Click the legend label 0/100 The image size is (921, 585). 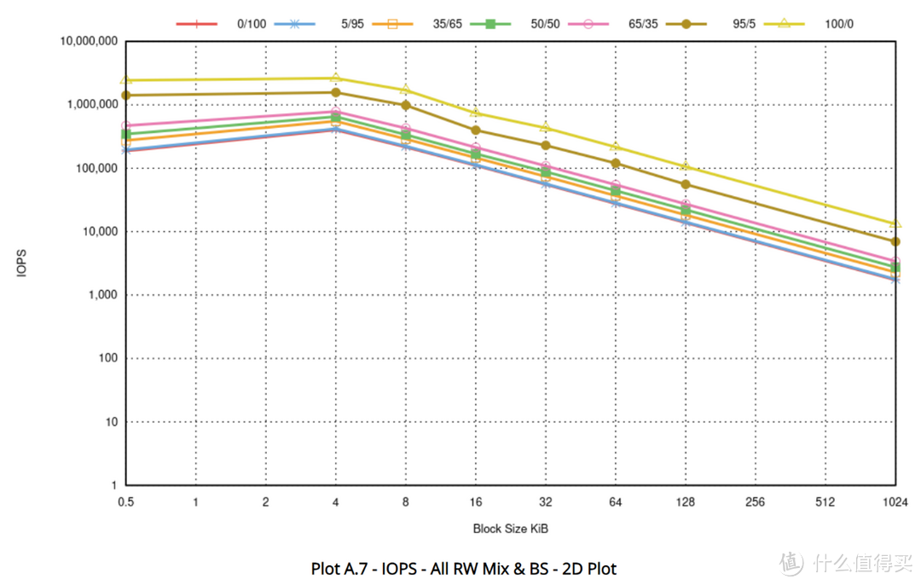pyautogui.click(x=252, y=24)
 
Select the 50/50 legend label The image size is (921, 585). pyautogui.click(x=545, y=24)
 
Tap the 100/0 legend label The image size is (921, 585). pyautogui.click(x=839, y=24)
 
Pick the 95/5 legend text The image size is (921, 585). pyautogui.click(x=744, y=24)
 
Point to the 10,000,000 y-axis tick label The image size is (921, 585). pyautogui.click(x=89, y=41)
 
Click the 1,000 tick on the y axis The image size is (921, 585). pyautogui.click(x=103, y=295)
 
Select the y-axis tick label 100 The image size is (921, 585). pyautogui.click(x=108, y=358)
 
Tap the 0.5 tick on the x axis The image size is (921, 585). pyautogui.click(x=125, y=502)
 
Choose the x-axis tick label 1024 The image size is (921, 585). pyautogui.click(x=895, y=502)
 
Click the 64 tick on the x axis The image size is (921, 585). pyautogui.click(x=616, y=502)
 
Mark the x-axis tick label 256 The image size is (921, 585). pyautogui.click(x=756, y=502)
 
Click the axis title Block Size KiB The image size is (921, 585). pyautogui.click(x=511, y=529)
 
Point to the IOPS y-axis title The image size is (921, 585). pyautogui.click(x=21, y=264)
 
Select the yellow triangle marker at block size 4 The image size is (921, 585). pyautogui.click(x=335, y=78)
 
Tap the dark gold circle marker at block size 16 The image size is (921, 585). pyautogui.click(x=476, y=130)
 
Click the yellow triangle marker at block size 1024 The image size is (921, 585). pyautogui.click(x=895, y=223)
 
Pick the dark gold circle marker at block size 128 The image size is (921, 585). pyautogui.click(x=686, y=184)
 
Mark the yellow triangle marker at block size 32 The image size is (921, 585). pyautogui.click(x=546, y=127)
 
